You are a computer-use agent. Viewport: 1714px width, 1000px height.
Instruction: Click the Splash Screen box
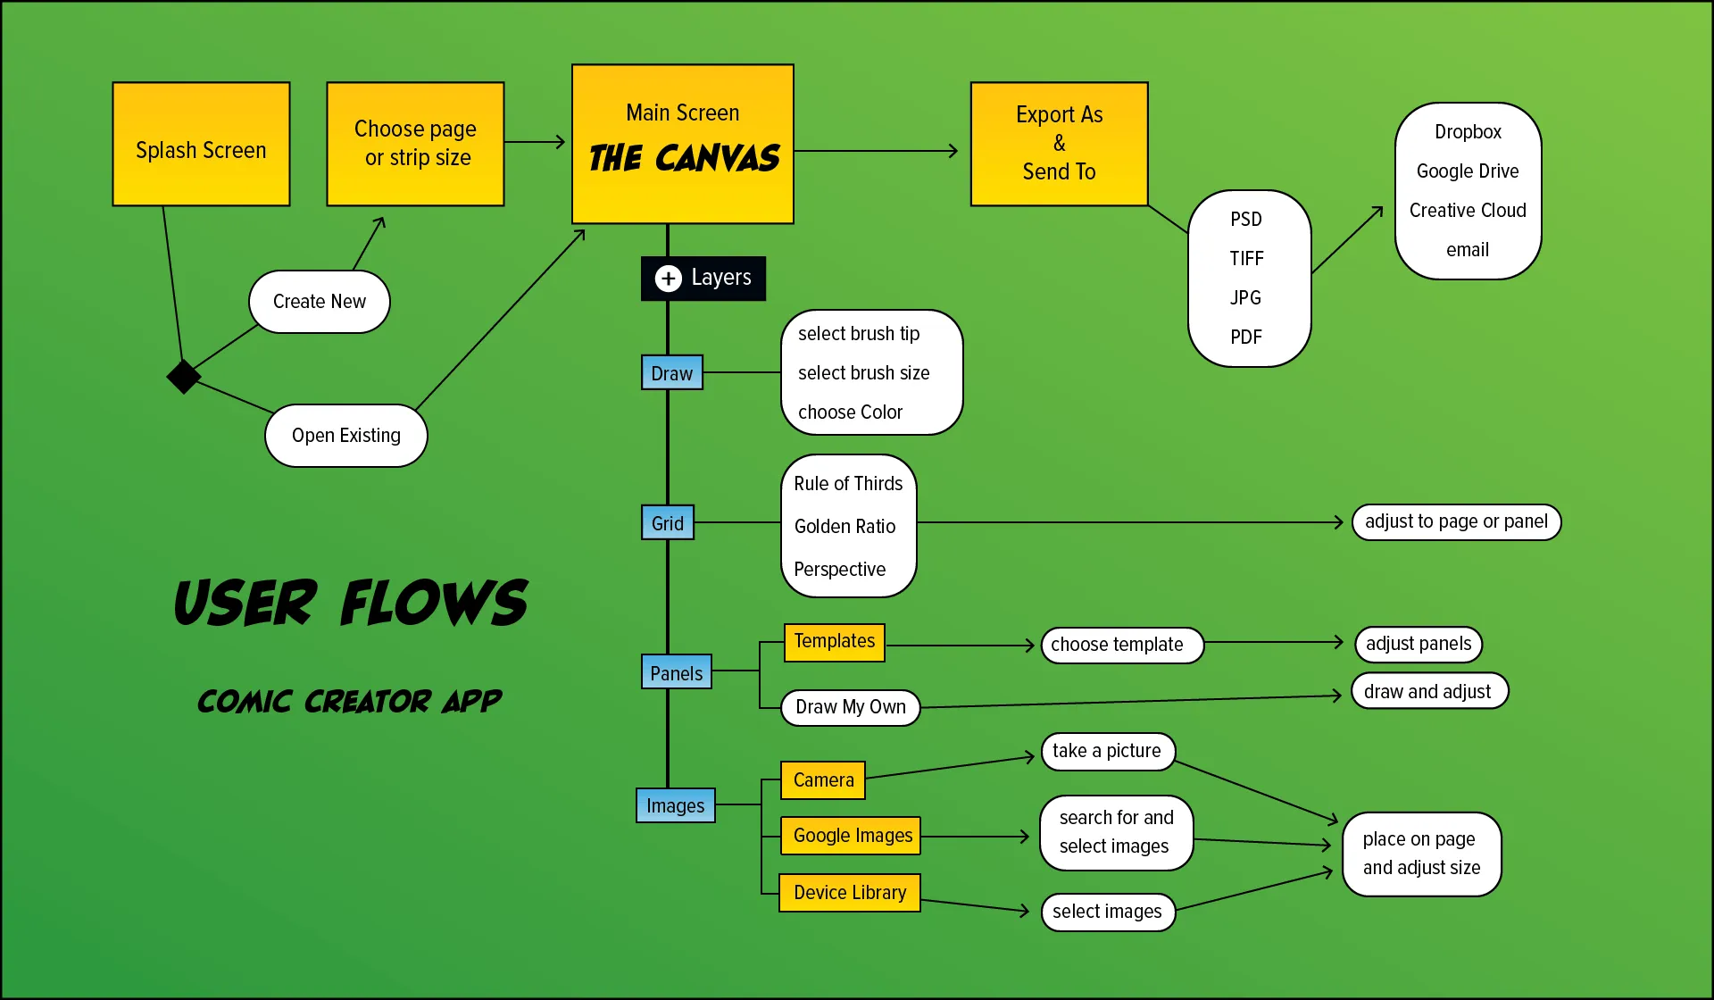201,145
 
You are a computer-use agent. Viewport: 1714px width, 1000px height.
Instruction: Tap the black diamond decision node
184,377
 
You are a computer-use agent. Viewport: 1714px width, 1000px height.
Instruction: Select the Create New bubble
319,302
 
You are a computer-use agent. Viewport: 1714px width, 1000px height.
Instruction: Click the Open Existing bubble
345,436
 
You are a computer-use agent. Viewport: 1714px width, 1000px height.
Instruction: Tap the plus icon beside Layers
668,279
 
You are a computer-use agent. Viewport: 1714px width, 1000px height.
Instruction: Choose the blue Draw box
671,373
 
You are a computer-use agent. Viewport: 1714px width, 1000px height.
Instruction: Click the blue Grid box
667,523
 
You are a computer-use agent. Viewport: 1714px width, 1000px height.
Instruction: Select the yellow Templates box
834,642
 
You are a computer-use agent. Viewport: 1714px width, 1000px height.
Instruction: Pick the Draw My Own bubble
850,707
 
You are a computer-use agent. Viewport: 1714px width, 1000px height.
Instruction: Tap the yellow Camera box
823,780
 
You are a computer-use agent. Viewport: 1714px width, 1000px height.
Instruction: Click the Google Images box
852,836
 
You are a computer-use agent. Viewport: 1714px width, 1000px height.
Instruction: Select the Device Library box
849,893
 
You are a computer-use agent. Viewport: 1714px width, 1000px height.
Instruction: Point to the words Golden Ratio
845,527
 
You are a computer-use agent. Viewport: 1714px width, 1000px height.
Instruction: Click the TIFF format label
1246,259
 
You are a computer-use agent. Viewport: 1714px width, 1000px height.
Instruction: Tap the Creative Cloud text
1467,211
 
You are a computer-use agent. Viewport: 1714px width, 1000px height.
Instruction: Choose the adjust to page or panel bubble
1456,522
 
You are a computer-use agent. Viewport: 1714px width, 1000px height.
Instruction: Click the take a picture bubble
1107,751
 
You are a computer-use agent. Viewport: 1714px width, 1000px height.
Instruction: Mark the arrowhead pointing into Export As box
953,151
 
